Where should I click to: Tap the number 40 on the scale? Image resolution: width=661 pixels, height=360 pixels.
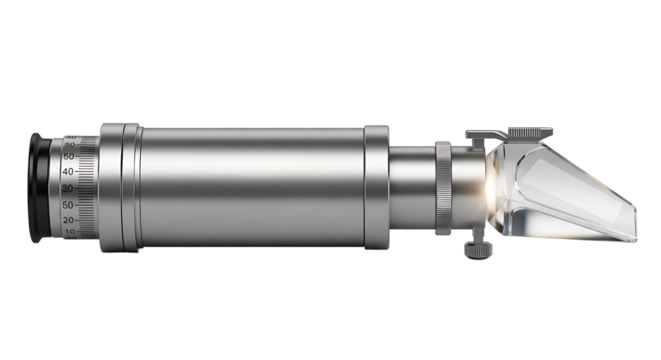click(x=68, y=171)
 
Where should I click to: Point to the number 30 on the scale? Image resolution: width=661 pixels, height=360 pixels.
click(x=68, y=187)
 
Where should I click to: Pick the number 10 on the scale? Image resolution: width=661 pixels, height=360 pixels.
click(x=70, y=231)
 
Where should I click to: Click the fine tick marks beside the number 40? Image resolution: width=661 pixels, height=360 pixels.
click(x=85, y=171)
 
